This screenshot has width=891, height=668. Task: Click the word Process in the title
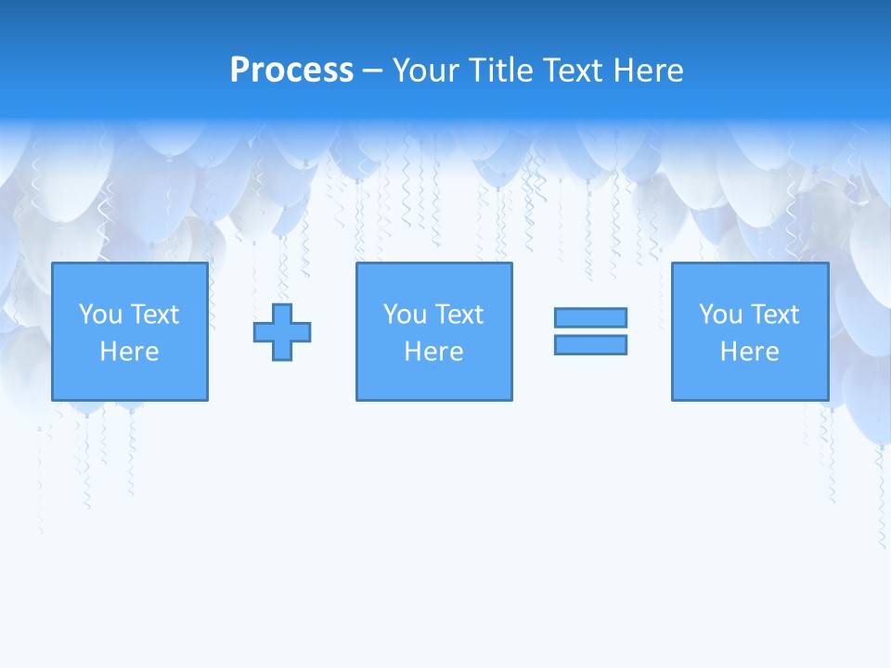(291, 71)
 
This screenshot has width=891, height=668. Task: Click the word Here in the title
(650, 71)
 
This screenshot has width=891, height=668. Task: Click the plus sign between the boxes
(282, 332)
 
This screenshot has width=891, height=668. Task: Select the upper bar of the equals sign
(590, 317)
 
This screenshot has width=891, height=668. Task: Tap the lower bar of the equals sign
(590, 344)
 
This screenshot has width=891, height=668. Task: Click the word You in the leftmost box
(100, 315)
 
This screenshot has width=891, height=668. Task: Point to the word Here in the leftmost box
(129, 352)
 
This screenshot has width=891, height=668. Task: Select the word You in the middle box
(405, 315)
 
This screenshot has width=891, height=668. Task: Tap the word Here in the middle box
(433, 352)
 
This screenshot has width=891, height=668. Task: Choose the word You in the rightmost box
(720, 315)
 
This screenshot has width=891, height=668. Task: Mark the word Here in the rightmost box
(749, 352)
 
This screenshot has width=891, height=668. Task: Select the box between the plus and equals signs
(433, 380)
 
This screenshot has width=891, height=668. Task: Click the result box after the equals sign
(749, 380)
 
